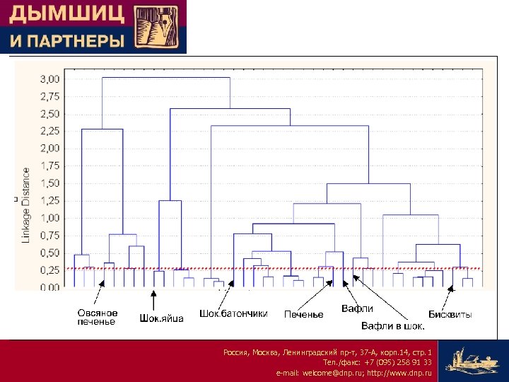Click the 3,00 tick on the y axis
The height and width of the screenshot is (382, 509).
click(x=49, y=79)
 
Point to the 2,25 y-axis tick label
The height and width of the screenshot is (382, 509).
click(x=49, y=131)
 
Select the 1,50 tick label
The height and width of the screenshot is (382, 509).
click(x=49, y=183)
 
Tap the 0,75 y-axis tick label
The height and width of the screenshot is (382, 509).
click(x=49, y=236)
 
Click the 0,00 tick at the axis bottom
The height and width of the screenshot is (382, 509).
click(x=49, y=288)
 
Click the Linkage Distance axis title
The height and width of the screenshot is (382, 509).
click(x=26, y=205)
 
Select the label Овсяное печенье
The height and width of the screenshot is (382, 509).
click(x=97, y=317)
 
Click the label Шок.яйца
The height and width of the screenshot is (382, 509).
click(x=161, y=318)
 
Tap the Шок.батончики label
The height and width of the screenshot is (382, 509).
click(x=233, y=313)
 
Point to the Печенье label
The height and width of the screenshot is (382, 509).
click(x=303, y=314)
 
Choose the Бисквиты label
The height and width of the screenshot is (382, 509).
click(x=450, y=314)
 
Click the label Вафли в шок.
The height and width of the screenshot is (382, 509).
click(x=393, y=326)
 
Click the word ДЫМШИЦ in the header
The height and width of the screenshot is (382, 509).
click(x=66, y=14)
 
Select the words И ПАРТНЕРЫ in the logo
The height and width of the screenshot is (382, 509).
click(x=66, y=41)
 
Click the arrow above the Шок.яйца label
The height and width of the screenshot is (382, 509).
click(x=153, y=299)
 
